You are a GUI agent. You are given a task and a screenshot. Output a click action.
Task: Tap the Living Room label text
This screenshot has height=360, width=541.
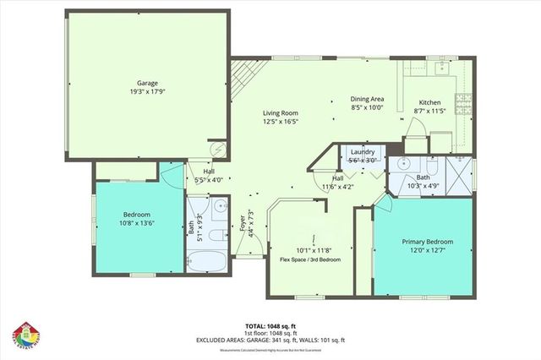click(x=280, y=112)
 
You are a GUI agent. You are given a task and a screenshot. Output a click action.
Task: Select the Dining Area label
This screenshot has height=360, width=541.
click(x=367, y=99)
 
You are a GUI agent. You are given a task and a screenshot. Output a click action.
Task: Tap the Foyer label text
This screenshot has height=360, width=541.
click(x=243, y=221)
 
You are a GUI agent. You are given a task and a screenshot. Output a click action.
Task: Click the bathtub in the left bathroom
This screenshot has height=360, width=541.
click(x=206, y=258)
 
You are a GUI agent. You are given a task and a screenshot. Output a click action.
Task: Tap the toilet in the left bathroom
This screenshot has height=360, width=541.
click(x=216, y=234)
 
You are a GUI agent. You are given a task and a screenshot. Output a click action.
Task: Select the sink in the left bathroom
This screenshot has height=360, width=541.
click(x=219, y=205)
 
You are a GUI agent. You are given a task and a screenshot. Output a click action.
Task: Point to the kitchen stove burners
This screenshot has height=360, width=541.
click(x=462, y=102)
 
